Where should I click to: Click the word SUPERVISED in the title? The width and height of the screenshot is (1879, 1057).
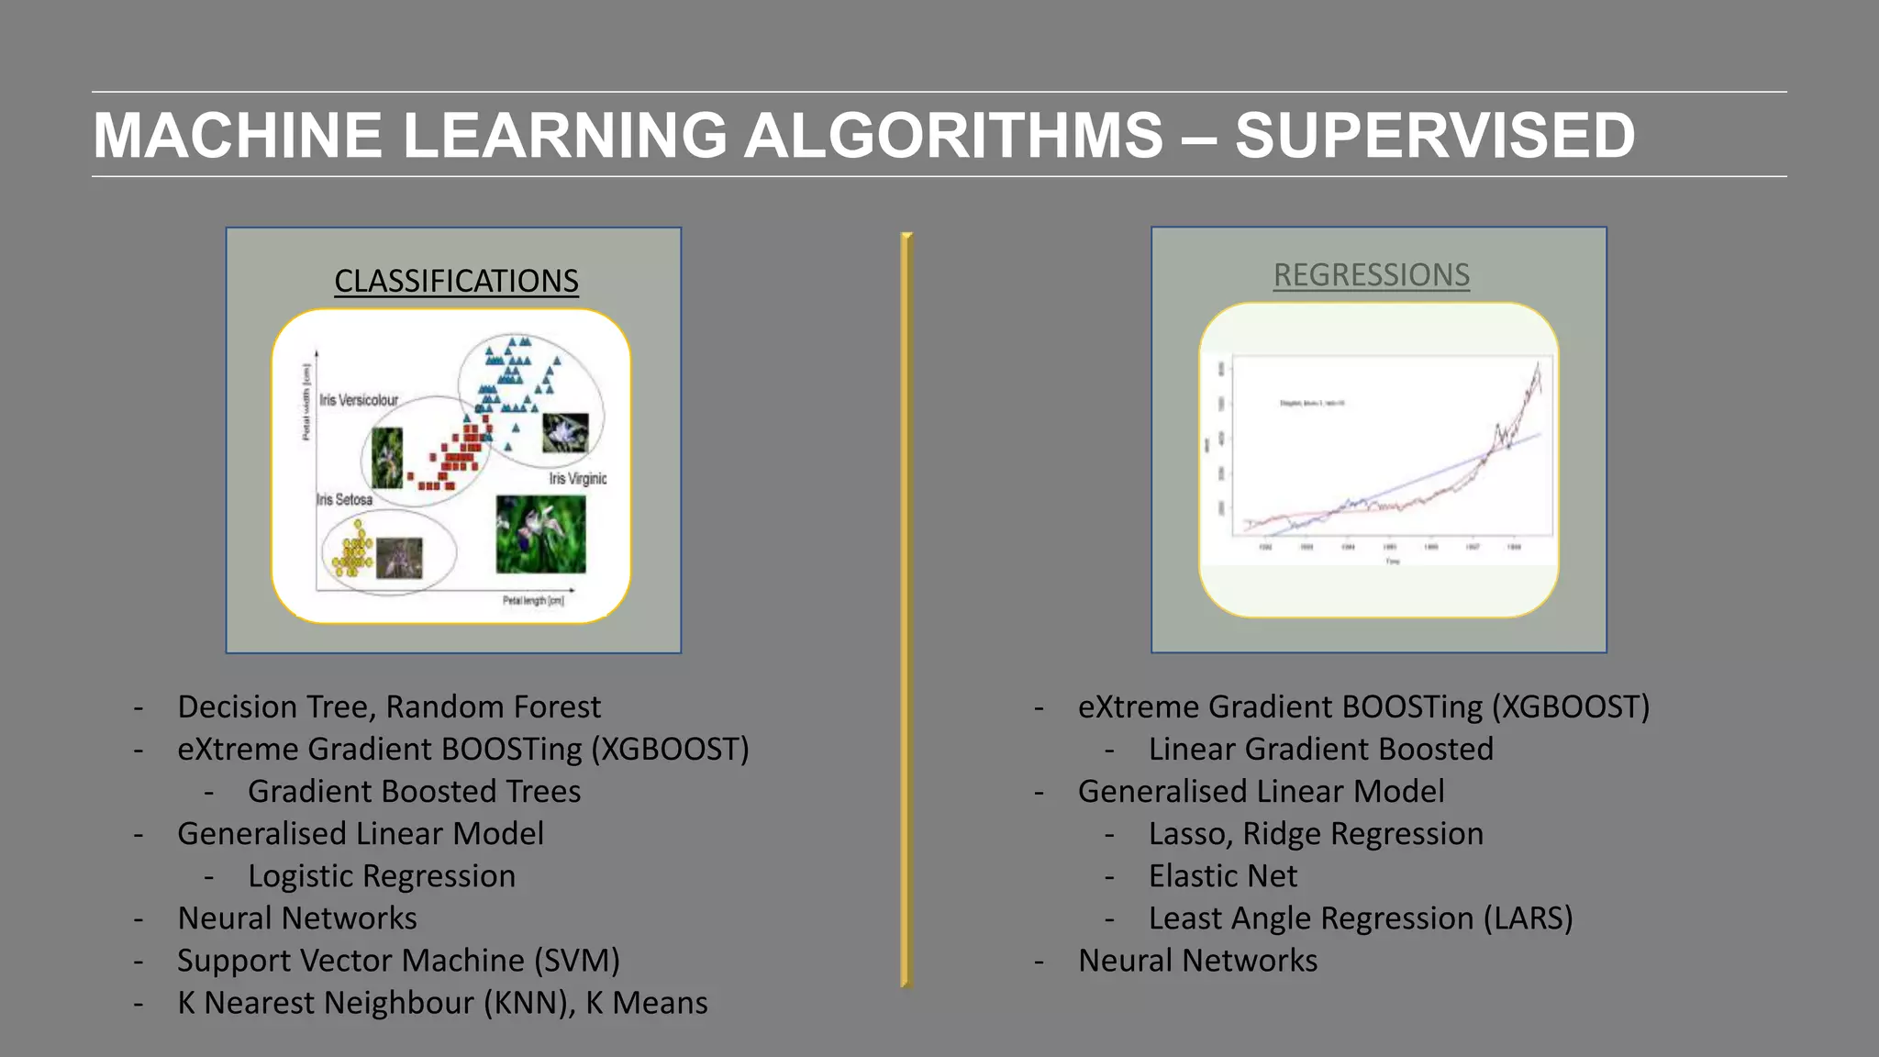tap(1434, 136)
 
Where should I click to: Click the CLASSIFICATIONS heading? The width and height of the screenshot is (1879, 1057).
tap(456, 281)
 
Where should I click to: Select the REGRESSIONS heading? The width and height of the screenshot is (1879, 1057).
tap(1371, 275)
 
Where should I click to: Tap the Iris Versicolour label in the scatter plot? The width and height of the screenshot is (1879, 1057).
tap(359, 400)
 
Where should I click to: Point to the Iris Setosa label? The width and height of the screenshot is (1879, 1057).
tap(345, 500)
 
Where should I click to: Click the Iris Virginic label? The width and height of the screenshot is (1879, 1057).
tap(577, 479)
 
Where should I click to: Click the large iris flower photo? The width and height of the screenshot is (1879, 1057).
tap(540, 534)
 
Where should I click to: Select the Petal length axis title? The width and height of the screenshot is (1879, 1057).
tap(533, 601)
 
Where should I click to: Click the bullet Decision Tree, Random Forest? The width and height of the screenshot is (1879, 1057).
tap(389, 707)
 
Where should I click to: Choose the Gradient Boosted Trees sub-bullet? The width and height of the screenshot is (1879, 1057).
tap(414, 792)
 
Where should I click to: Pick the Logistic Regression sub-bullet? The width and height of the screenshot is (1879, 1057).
tap(382, 876)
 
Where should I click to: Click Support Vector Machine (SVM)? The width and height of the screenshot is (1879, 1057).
tap(398, 961)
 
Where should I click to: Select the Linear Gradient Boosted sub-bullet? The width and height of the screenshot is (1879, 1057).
tap(1320, 750)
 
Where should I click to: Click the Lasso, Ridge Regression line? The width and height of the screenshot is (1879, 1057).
tap(1315, 834)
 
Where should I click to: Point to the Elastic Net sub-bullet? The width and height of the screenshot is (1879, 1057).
tap(1222, 876)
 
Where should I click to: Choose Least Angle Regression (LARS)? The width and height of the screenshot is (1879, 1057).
tap(1360, 918)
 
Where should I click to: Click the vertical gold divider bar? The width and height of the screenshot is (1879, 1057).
tap(906, 610)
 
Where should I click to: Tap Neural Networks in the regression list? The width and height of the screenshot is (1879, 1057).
tap(1197, 961)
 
